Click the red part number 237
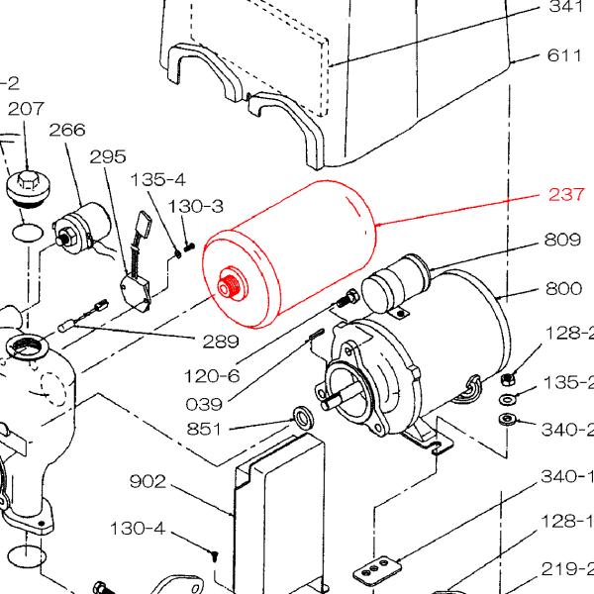(567, 195)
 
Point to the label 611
(566, 55)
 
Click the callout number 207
(26, 109)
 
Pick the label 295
(109, 157)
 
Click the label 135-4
(158, 180)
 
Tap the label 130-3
(197, 206)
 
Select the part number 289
(220, 342)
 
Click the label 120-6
(212, 375)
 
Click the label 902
(149, 482)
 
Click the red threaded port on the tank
(229, 287)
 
